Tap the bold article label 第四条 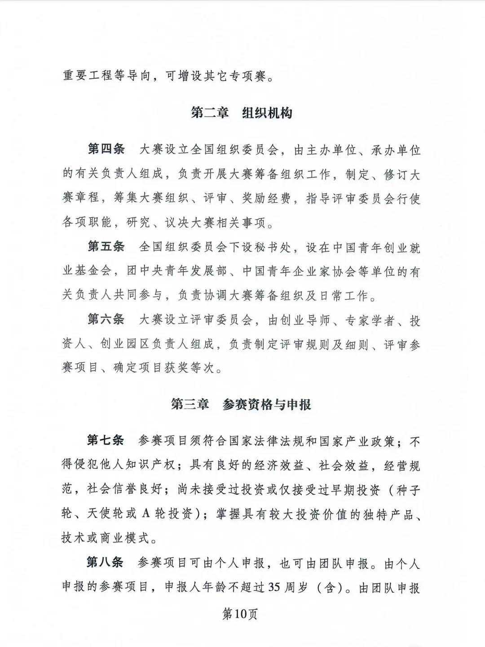click(106, 150)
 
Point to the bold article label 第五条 click(106, 247)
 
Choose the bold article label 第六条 click(106, 320)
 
